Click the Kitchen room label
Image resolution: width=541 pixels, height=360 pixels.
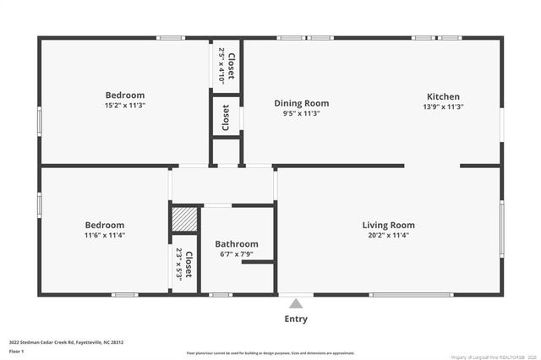(x=443, y=96)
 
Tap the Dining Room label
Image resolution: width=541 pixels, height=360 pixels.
(x=301, y=103)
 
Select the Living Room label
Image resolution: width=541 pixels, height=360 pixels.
(x=388, y=225)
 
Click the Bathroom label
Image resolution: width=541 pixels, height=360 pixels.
(x=236, y=244)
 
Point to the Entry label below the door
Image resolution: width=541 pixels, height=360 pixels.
(x=296, y=319)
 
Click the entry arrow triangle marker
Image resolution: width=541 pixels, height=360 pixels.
(x=295, y=303)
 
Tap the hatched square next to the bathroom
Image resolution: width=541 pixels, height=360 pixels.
(x=184, y=219)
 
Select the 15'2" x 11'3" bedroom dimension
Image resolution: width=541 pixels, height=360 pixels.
(x=125, y=106)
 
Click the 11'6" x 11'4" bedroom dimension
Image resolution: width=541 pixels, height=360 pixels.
(x=105, y=236)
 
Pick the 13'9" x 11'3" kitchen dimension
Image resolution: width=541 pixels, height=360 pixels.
(x=443, y=106)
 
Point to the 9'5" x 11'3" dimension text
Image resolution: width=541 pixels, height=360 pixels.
(x=301, y=114)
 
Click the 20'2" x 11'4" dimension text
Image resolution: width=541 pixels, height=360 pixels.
(x=388, y=236)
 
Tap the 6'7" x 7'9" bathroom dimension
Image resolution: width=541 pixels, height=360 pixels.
(x=236, y=255)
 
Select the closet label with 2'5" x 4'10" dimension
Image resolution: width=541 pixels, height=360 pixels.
(x=227, y=64)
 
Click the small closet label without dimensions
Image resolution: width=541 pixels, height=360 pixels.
(x=226, y=117)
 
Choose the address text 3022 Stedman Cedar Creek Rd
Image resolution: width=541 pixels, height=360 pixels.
(x=67, y=342)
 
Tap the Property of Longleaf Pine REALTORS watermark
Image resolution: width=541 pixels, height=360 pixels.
(x=488, y=356)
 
